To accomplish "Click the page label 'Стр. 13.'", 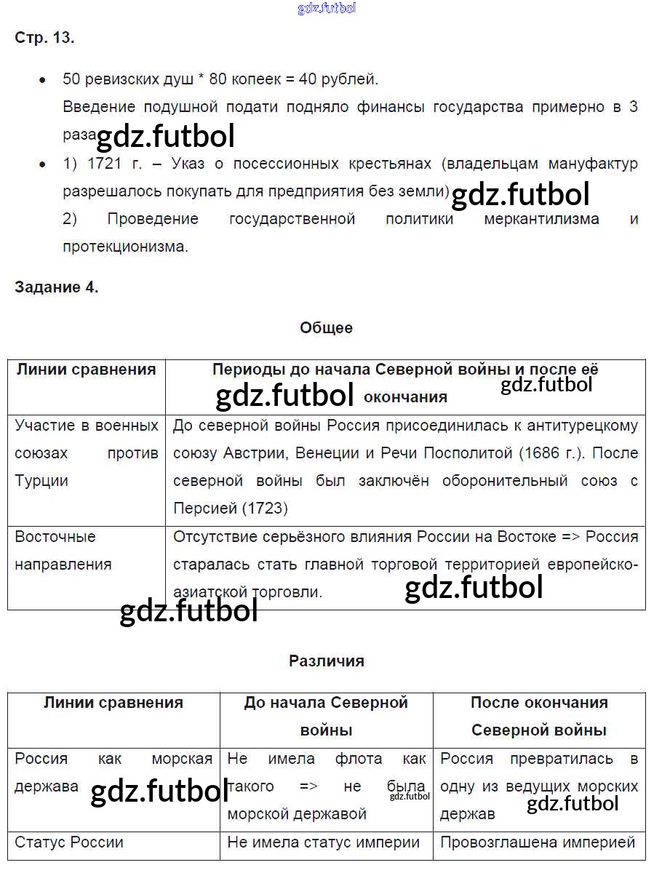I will (44, 39).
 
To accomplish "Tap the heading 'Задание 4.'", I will (57, 287).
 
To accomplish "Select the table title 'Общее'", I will (326, 328).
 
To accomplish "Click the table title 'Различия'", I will (326, 661).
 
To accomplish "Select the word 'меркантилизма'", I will (541, 219).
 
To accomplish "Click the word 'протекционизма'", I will (125, 247).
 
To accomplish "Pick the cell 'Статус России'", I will (69, 842).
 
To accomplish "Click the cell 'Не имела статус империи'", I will (324, 842).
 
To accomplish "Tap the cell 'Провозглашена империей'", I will (538, 842).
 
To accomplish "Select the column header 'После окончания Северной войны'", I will (538, 716).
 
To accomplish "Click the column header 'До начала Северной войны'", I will (326, 716).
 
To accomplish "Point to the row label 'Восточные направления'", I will (63, 550).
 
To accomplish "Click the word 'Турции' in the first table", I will (41, 481).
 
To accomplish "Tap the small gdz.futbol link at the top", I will (327, 9).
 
